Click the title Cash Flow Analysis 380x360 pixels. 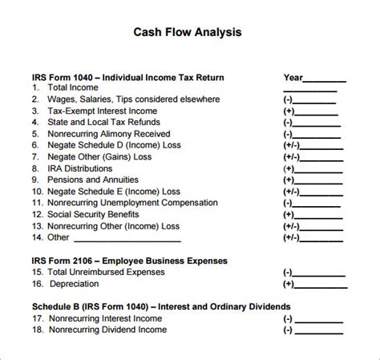pyautogui.click(x=186, y=33)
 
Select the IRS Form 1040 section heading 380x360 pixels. pyautogui.click(x=127, y=78)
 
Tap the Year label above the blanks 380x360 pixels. pyautogui.click(x=293, y=78)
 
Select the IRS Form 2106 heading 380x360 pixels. pyautogui.click(x=130, y=261)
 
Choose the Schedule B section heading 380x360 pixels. pyautogui.click(x=150, y=306)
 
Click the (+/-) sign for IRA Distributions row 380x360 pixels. pyautogui.click(x=290, y=170)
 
